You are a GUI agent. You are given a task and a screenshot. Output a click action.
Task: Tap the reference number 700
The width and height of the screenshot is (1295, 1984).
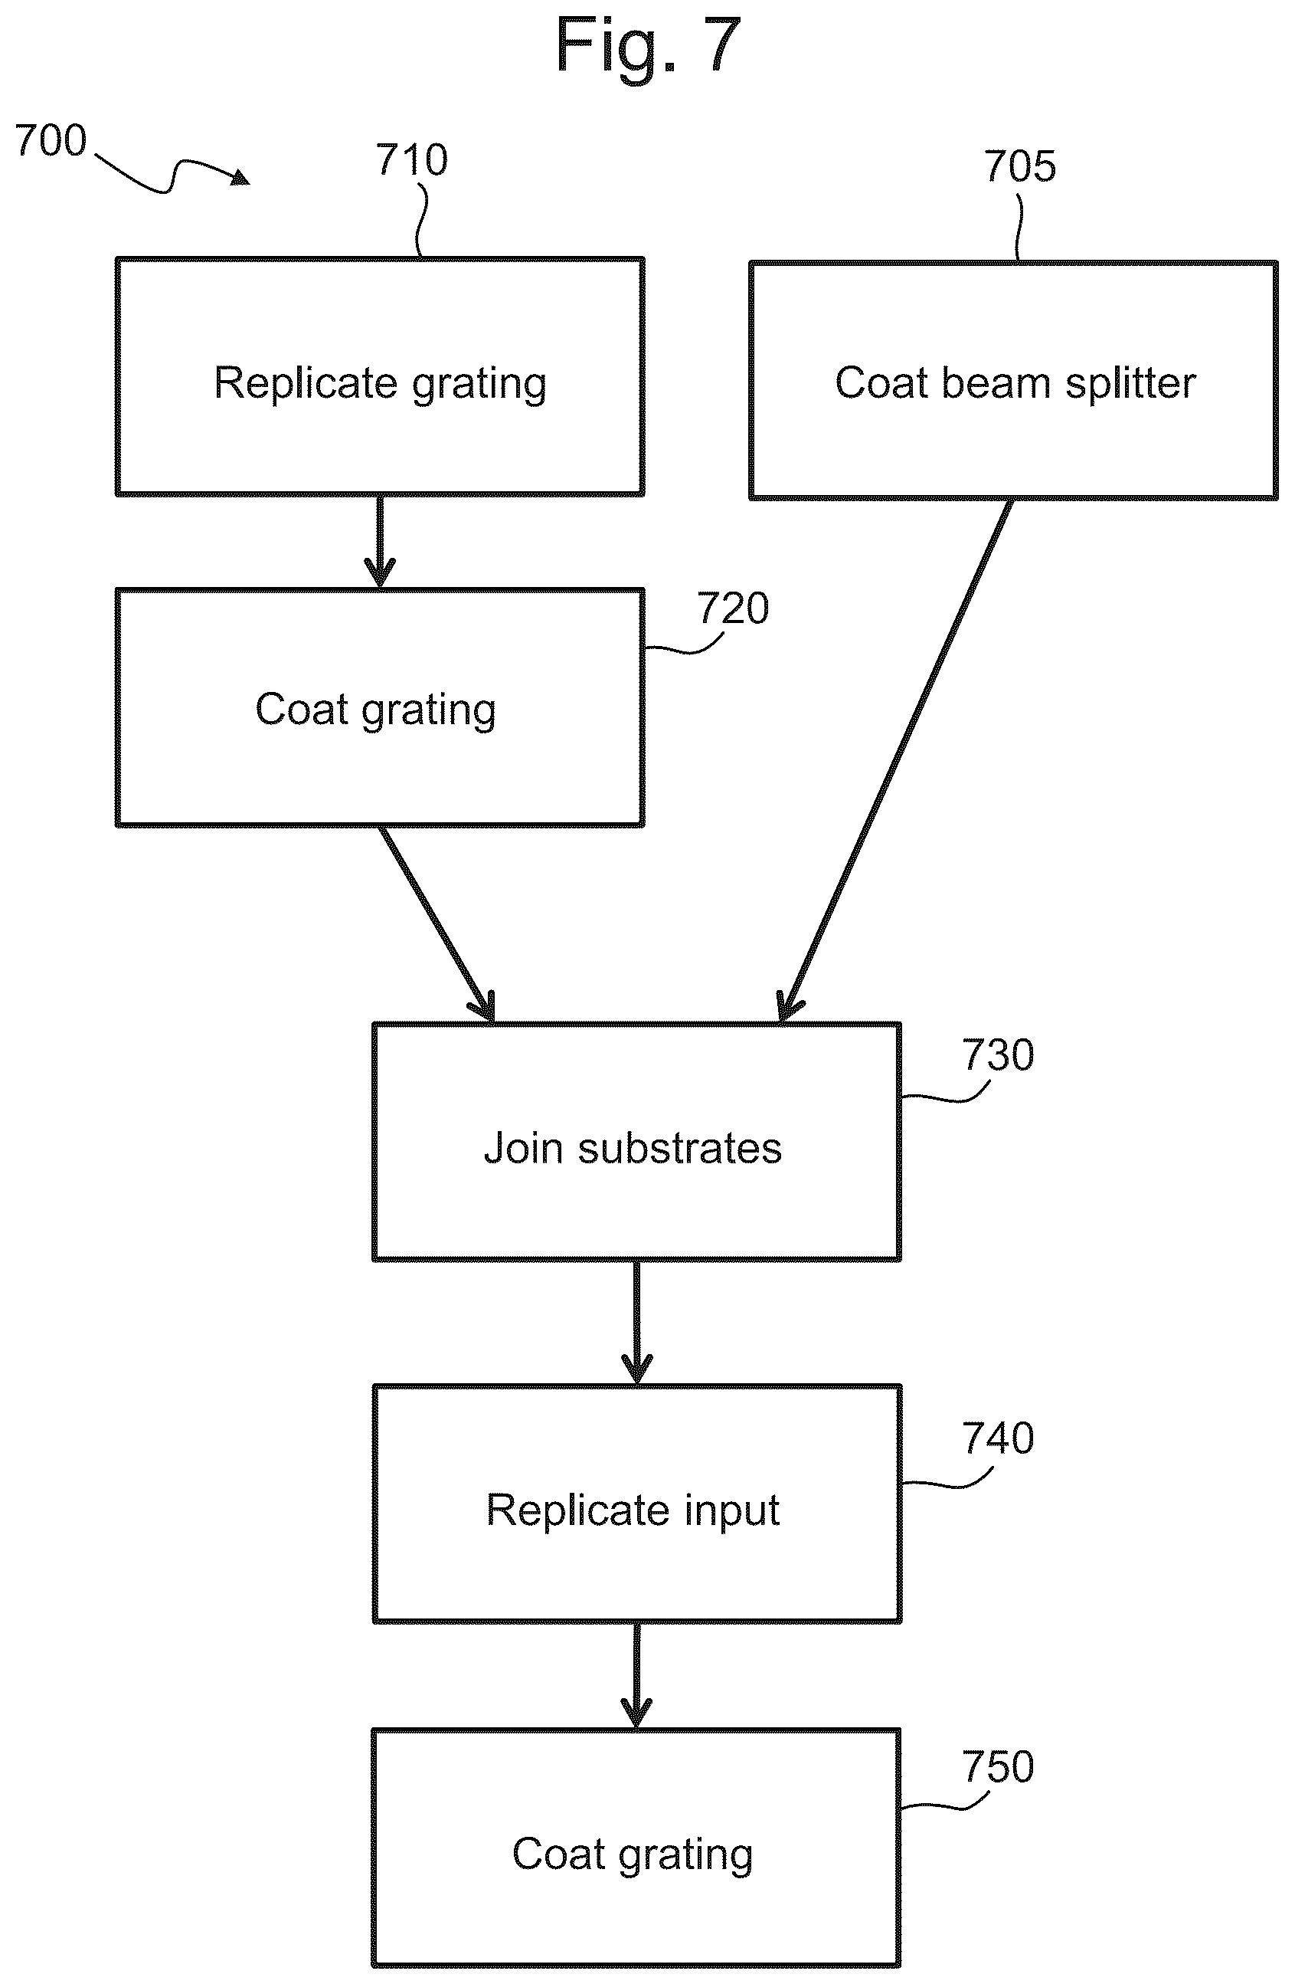51,140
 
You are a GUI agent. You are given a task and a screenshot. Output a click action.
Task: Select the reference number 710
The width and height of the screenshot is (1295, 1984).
412,159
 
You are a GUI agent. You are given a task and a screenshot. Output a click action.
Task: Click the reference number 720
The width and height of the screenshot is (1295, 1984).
732,608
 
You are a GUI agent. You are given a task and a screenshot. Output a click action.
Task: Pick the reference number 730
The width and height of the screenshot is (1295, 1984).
999,1054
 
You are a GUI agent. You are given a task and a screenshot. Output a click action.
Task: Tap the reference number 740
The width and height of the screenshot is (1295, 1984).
999,1438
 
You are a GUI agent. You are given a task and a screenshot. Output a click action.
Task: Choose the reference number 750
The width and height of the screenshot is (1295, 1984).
999,1766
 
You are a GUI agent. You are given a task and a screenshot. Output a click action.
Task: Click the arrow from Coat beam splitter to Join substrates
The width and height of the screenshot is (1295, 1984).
895,760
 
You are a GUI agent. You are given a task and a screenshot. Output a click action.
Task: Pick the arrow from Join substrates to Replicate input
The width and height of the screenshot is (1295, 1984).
636,1323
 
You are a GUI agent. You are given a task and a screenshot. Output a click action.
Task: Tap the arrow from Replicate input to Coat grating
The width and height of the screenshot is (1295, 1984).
636,1677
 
